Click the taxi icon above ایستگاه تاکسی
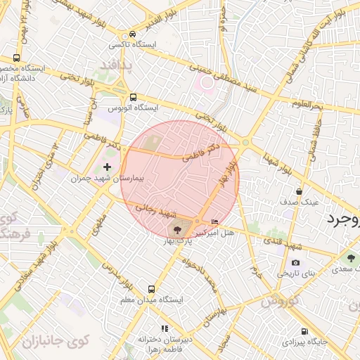[x=133, y=34]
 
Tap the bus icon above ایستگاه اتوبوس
[x=133, y=97]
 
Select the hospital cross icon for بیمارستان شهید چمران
[x=107, y=167]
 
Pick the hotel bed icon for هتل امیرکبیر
[x=214, y=223]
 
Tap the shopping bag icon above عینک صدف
[x=300, y=191]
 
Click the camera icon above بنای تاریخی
[x=295, y=262]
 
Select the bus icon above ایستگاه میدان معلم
[x=151, y=289]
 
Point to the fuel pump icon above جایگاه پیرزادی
[x=304, y=331]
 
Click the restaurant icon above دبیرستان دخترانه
[x=165, y=328]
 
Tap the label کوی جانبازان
[x=56, y=342]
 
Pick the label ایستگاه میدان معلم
[x=152, y=300]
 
